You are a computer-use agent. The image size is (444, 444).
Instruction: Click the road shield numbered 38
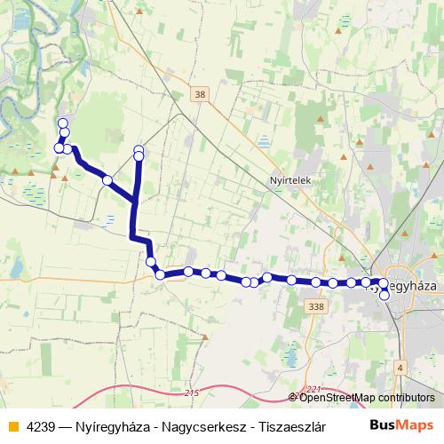[200, 93]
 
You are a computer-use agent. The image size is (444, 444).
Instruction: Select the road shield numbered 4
[400, 368]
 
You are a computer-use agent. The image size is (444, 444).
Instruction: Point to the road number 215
[194, 392]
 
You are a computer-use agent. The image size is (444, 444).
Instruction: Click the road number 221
[312, 389]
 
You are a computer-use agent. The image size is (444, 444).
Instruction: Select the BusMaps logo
[401, 425]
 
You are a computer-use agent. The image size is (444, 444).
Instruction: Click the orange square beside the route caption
[12, 426]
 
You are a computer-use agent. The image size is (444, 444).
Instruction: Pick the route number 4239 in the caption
[41, 426]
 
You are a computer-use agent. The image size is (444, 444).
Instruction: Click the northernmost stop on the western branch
[62, 123]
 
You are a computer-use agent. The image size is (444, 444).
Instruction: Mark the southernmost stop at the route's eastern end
[385, 297]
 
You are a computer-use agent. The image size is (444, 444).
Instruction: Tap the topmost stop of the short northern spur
[139, 149]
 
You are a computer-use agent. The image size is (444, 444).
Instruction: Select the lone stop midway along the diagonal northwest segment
[107, 180]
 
